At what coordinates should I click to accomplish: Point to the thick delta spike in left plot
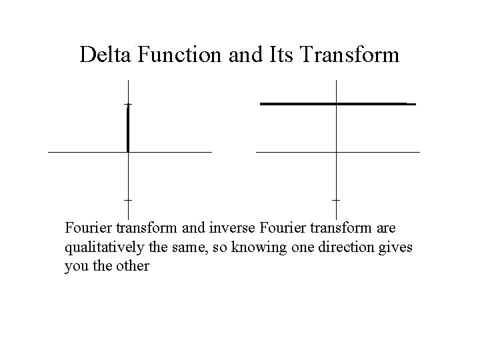(127, 130)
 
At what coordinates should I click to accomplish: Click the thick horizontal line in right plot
(333, 104)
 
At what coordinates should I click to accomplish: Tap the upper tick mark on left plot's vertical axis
(127, 104)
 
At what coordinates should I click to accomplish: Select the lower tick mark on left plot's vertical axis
(127, 199)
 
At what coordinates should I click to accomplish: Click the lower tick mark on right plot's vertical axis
(336, 199)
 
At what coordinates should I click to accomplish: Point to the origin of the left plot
(127, 152)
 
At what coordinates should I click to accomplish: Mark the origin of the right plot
(336, 152)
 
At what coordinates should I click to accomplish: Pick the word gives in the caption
(397, 247)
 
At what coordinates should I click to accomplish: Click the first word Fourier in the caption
(87, 228)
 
